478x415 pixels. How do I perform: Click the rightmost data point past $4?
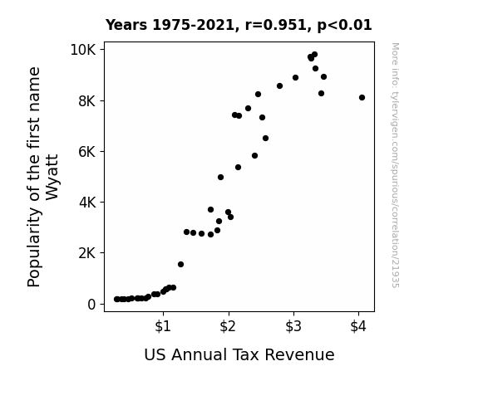[x=362, y=98]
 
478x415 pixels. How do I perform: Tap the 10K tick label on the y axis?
[x=83, y=50]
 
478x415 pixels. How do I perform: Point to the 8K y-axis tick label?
[x=87, y=101]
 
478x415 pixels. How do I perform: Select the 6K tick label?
[x=87, y=152]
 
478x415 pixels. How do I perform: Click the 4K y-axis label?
[x=87, y=203]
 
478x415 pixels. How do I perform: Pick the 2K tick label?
[x=87, y=253]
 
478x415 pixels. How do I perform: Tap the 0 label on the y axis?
[x=91, y=304]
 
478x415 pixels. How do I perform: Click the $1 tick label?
[x=163, y=326]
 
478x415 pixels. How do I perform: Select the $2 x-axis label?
[x=228, y=326]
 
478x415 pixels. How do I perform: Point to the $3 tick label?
[x=293, y=326]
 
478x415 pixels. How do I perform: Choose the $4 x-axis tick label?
[x=358, y=326]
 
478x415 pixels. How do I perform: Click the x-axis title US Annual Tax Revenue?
[x=239, y=354]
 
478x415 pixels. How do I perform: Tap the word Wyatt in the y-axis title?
[x=52, y=178]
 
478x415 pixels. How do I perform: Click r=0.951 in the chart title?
[x=276, y=25]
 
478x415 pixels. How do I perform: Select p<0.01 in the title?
[x=344, y=25]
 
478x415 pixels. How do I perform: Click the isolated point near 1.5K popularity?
[x=180, y=264]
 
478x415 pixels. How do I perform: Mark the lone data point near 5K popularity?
[x=220, y=177]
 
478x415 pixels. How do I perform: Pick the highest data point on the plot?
[x=314, y=55]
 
